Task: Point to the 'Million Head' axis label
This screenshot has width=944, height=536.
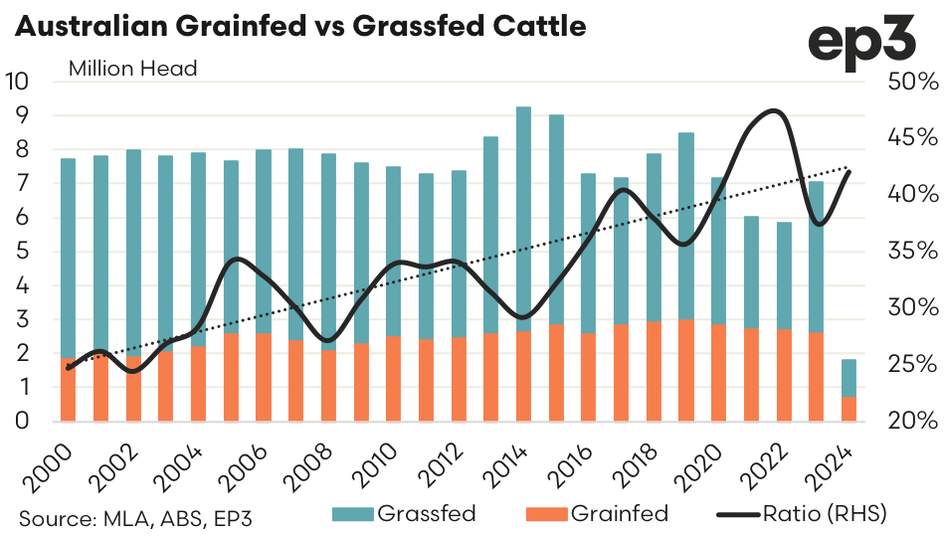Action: [133, 69]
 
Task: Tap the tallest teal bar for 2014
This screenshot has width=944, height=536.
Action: [523, 219]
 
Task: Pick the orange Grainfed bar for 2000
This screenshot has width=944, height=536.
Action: [69, 390]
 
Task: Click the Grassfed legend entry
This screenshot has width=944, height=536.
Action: [413, 514]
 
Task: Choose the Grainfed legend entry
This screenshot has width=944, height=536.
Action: [606, 514]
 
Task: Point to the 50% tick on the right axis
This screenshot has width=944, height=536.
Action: [904, 82]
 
